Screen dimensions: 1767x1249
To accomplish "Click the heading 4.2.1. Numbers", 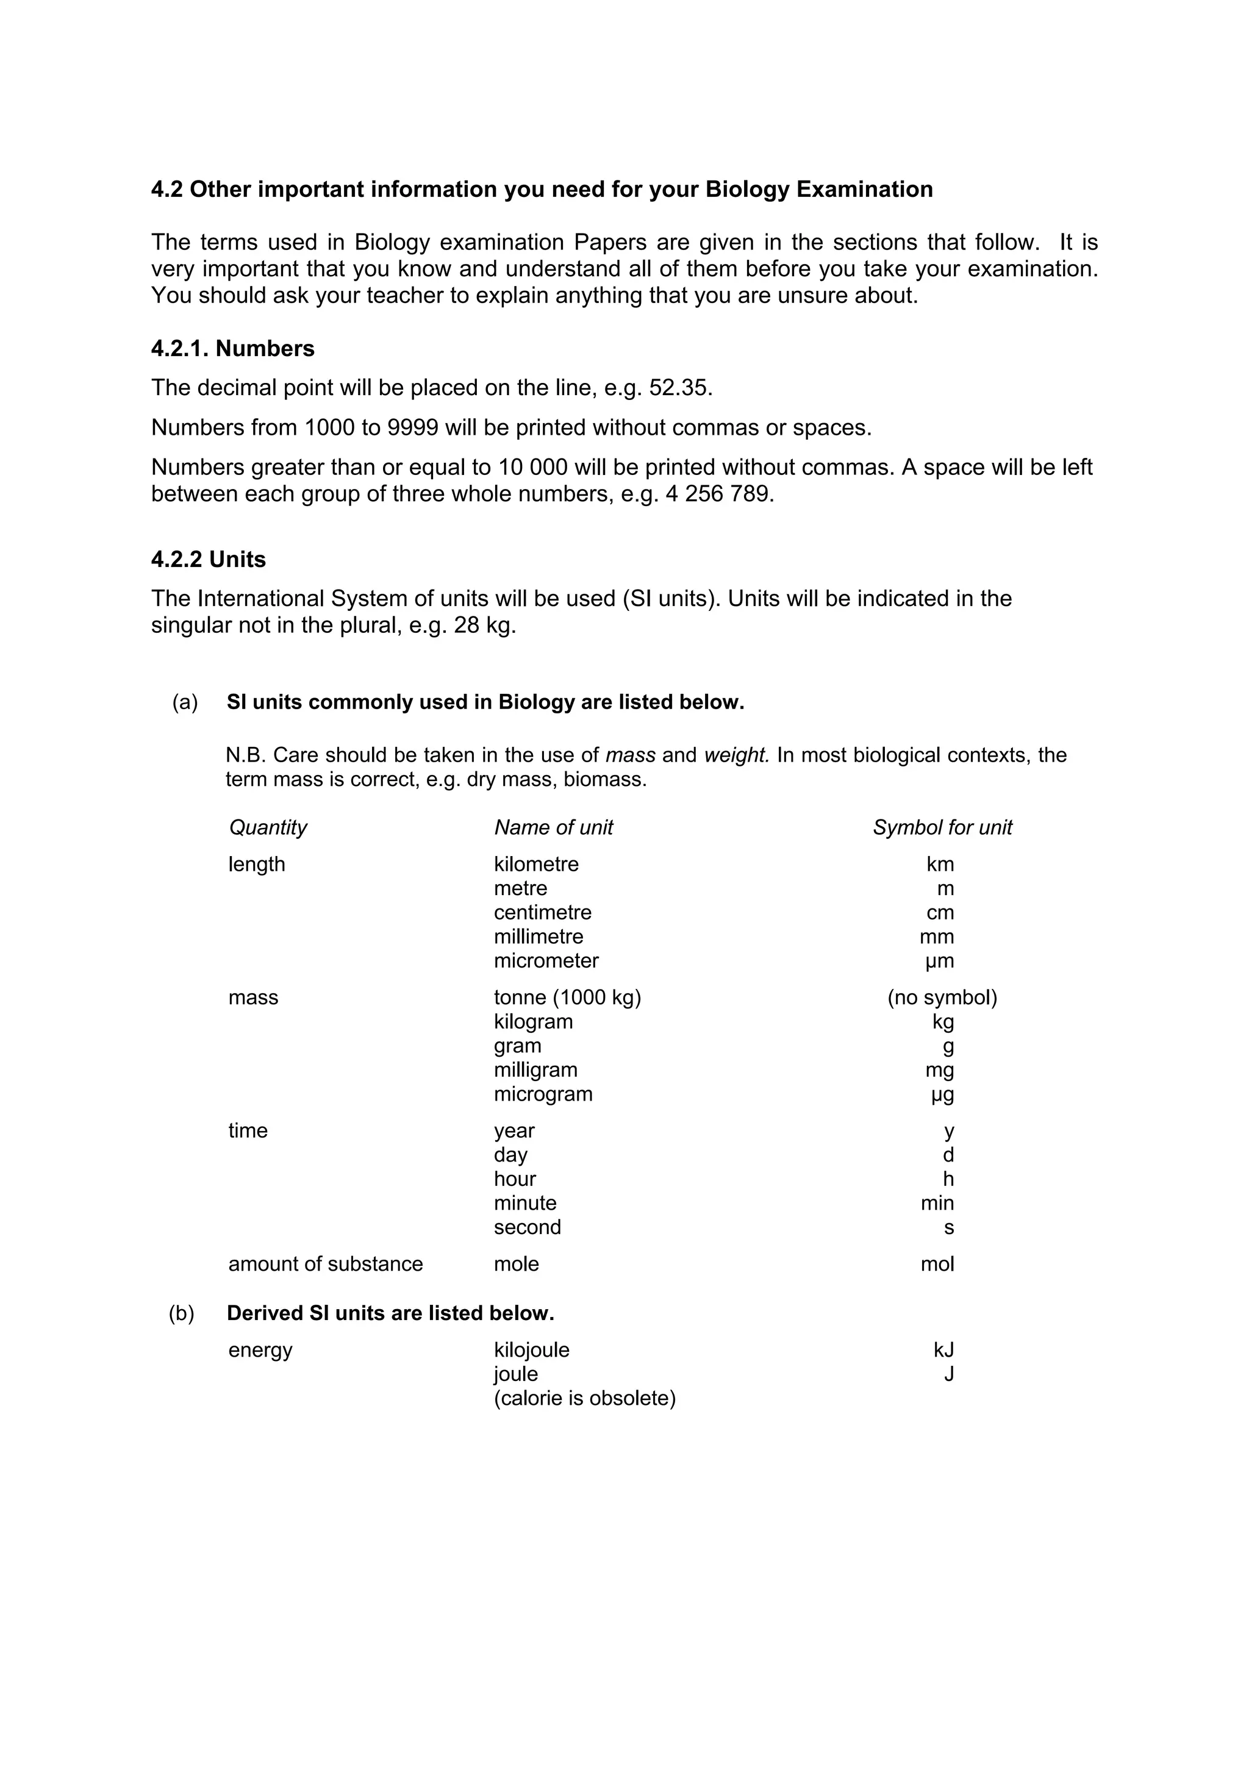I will (232, 349).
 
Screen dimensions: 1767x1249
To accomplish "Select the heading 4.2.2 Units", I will (208, 560).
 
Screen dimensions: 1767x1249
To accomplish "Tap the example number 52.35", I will (679, 387).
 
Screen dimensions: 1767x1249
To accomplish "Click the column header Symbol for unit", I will (942, 827).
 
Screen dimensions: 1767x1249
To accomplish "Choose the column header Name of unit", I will (553, 827).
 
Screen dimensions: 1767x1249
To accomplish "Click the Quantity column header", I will (268, 827).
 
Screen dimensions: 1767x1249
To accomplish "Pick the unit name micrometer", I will (546, 960).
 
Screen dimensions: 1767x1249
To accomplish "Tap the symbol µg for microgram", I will (942, 1094).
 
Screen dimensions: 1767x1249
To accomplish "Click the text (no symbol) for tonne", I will (942, 998).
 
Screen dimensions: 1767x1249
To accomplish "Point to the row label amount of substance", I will (326, 1264).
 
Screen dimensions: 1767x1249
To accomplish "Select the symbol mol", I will (937, 1264).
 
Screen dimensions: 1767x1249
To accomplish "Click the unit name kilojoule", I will (531, 1350).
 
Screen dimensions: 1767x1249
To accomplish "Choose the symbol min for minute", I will (937, 1203).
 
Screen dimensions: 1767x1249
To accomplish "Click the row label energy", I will (260, 1350).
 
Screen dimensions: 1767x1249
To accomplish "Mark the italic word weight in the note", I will (737, 755).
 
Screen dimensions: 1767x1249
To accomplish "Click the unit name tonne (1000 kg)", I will (567, 998).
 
